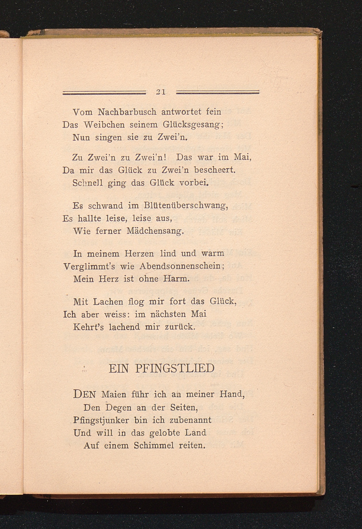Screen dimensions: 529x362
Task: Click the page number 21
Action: click(x=161, y=92)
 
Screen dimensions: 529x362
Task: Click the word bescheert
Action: click(x=215, y=170)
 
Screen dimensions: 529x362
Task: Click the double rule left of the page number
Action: click(x=104, y=92)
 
